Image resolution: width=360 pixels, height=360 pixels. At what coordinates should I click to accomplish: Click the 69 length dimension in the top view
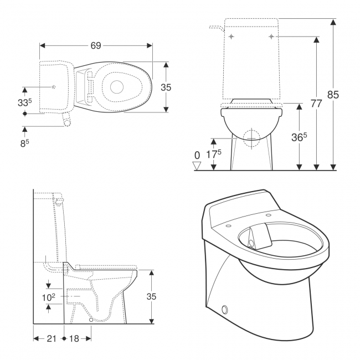coord(96,45)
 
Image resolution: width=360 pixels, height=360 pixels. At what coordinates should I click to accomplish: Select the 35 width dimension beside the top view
coord(166,87)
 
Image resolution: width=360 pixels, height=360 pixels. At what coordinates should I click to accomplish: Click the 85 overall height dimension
coord(332,95)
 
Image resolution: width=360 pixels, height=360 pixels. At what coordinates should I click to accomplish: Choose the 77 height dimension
coord(316,104)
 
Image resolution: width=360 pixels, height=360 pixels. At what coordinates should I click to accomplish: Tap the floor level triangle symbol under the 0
coord(196,165)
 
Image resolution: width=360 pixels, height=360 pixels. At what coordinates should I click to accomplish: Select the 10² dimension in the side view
coord(49,297)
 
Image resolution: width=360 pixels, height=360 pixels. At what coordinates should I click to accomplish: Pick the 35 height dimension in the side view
coord(151,296)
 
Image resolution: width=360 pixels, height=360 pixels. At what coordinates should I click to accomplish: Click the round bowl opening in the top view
coord(117,86)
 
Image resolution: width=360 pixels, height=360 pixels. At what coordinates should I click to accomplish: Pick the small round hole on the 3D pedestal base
coord(225,308)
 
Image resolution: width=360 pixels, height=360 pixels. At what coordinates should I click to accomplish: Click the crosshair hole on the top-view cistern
coord(53,87)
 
